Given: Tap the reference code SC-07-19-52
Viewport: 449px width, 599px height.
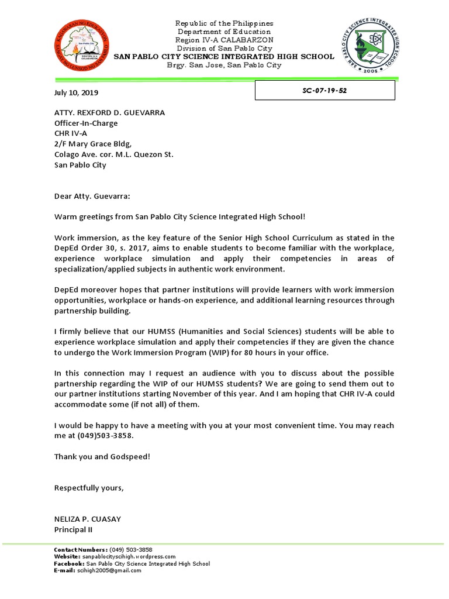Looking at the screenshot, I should tap(324, 91).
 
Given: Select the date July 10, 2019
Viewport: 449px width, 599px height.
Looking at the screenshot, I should tap(77, 93).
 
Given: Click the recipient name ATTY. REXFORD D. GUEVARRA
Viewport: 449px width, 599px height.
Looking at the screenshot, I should tap(109, 113).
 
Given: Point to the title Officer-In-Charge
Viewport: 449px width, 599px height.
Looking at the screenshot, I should tap(86, 123).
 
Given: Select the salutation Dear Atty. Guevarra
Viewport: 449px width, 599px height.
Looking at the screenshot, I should tap(92, 196).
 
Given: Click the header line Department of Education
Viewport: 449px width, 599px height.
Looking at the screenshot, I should tap(224, 32).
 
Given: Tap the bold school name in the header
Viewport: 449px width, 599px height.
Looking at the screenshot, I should tap(223, 57).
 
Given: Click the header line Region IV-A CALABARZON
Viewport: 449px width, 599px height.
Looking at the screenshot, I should tap(224, 40).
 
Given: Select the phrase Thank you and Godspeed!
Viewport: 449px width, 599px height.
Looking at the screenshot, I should tap(102, 456).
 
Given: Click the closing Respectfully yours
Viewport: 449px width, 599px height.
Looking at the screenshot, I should tap(89, 488).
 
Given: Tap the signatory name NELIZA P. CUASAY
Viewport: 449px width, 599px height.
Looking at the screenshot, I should tap(88, 519).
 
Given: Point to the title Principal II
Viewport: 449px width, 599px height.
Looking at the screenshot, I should tap(73, 530).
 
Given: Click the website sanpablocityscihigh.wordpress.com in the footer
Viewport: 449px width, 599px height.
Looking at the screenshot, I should tap(125, 557).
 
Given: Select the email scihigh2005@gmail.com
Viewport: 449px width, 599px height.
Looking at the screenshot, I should tap(109, 570).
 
